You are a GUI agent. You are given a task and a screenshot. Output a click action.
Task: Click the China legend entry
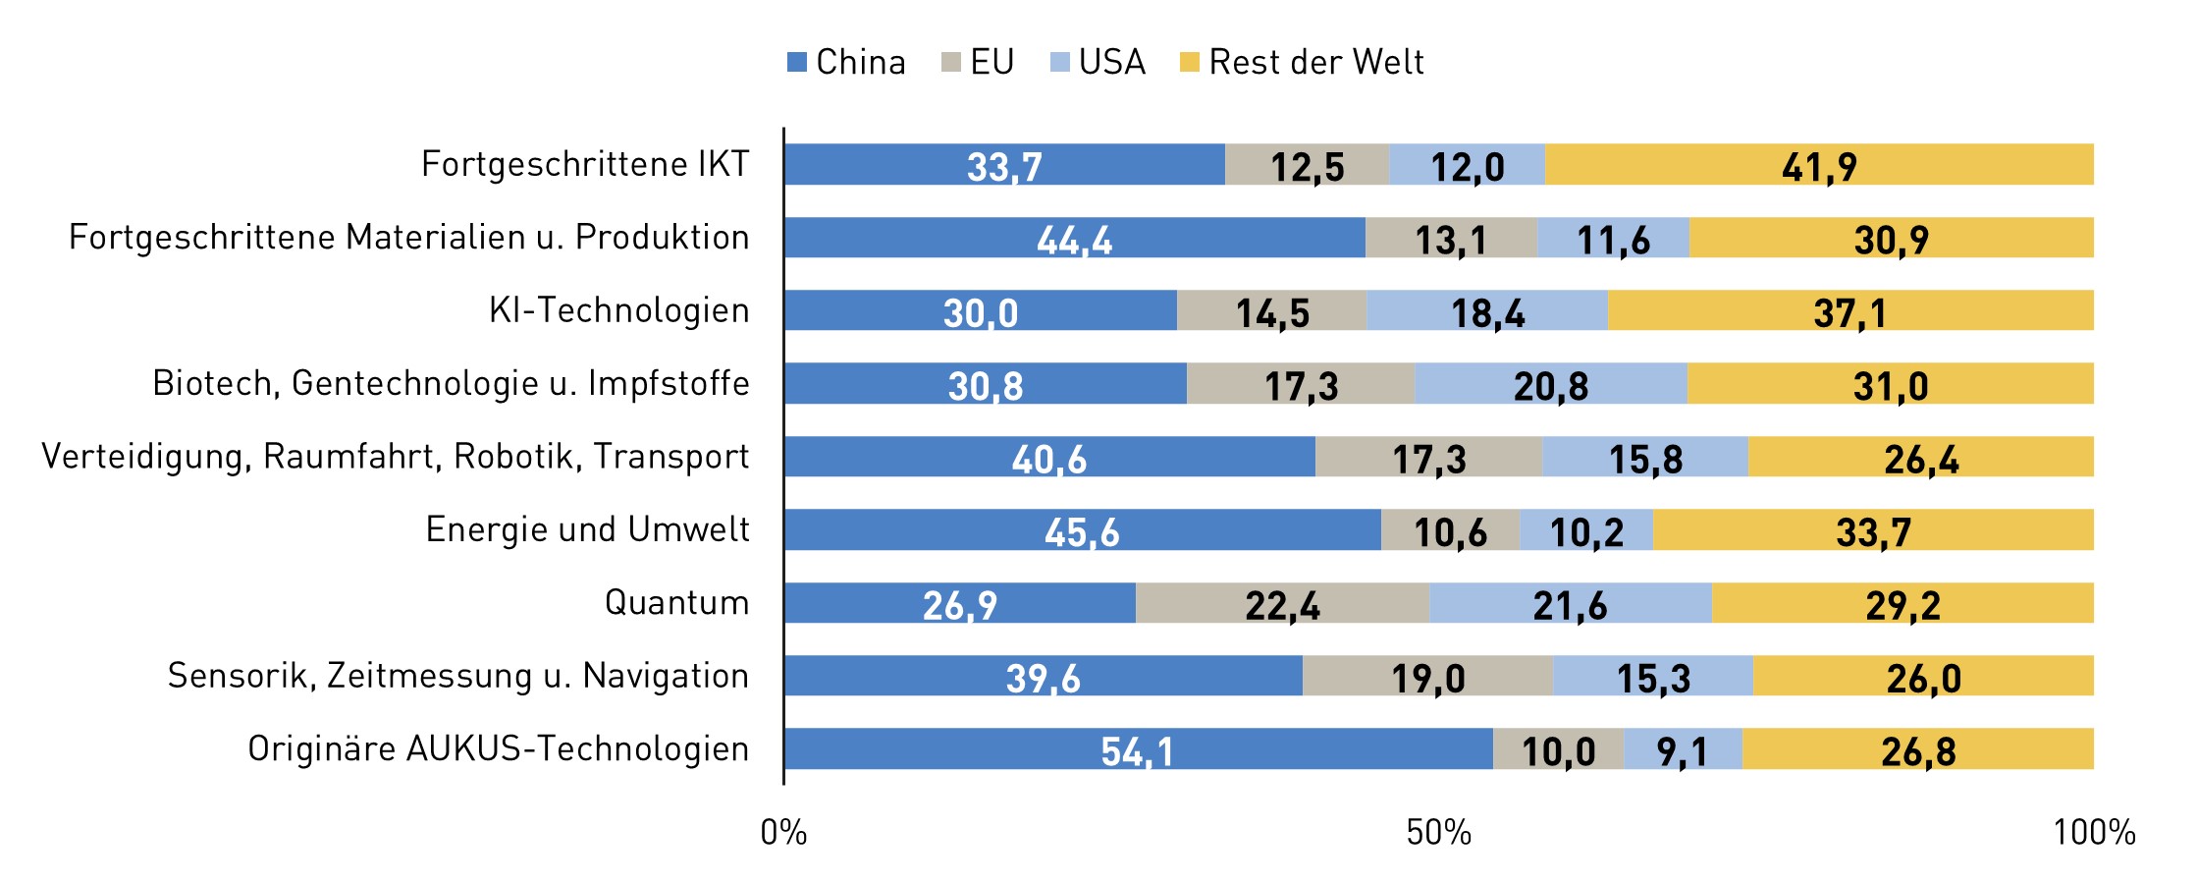click(846, 62)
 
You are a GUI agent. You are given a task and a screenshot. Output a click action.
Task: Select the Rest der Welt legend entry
click(1302, 62)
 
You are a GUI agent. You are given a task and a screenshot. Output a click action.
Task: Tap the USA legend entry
click(1098, 62)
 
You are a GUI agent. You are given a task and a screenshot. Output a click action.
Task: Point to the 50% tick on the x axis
click(1438, 833)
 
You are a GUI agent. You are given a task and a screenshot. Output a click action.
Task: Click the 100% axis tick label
click(2093, 833)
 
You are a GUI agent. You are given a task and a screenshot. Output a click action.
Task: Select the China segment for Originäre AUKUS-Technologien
click(1137, 749)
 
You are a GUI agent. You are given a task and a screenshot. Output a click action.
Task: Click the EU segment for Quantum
click(1282, 603)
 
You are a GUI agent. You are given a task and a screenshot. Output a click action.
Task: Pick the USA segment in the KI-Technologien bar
click(1486, 310)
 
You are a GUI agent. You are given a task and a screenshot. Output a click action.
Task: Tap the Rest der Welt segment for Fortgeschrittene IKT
click(1818, 165)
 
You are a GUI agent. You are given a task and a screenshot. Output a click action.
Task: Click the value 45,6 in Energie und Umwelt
click(1081, 532)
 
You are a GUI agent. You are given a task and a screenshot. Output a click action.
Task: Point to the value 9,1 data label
click(1682, 751)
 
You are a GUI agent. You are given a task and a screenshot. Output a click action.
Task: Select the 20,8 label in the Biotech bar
click(1550, 385)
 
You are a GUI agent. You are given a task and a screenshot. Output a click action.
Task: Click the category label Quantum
click(676, 602)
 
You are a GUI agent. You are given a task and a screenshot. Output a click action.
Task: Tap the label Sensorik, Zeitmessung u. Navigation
click(457, 676)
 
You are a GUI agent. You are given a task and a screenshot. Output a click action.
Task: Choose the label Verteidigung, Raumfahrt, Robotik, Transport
click(395, 457)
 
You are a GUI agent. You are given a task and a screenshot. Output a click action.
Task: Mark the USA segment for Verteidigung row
click(1644, 458)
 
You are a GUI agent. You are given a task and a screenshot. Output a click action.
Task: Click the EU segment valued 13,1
click(1450, 239)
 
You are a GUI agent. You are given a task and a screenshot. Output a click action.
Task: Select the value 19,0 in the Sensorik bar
click(1427, 678)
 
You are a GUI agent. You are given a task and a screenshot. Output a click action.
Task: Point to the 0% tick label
click(783, 833)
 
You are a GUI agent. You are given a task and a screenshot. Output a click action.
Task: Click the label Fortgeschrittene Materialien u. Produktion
click(408, 238)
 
